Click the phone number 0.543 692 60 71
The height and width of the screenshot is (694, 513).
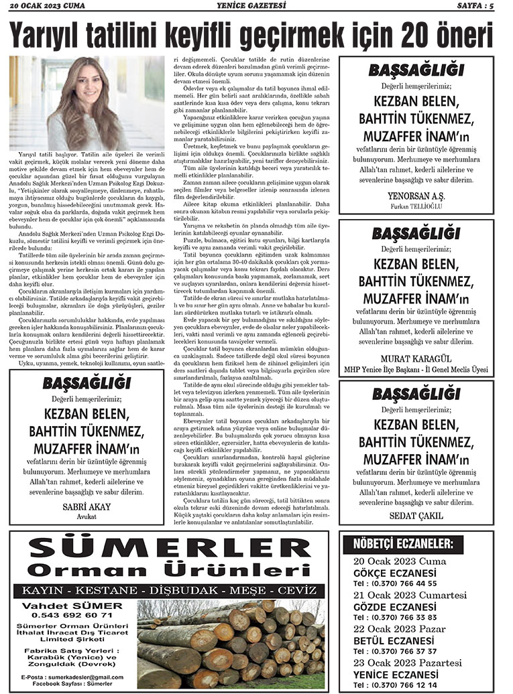pos(66,615)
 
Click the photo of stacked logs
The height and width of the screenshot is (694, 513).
pos(231,639)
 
